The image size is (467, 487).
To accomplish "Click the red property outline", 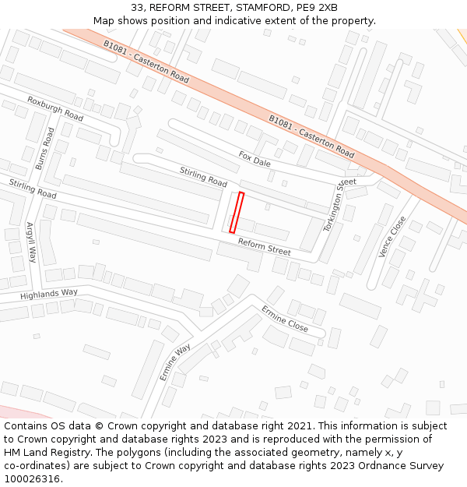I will click(x=237, y=213).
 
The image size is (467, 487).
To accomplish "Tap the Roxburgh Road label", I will click(x=54, y=108).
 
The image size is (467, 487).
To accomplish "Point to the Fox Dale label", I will click(x=255, y=159).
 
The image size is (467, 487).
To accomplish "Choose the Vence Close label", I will click(x=392, y=237).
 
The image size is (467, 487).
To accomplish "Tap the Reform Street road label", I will click(x=265, y=247).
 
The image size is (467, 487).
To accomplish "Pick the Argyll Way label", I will click(x=32, y=242).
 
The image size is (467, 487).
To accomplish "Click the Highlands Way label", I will click(x=49, y=294).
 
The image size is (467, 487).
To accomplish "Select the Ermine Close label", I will click(x=285, y=319).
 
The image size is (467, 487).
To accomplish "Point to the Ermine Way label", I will click(x=175, y=362).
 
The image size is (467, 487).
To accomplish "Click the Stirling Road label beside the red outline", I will click(x=203, y=176).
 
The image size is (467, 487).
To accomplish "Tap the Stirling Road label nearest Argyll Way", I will click(x=33, y=188).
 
